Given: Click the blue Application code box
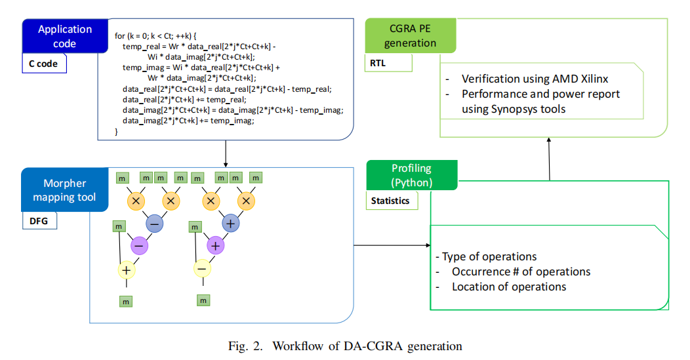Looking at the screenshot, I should pos(65,37).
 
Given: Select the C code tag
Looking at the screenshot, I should pos(44,64).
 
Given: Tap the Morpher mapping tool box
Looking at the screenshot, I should pos(65,190).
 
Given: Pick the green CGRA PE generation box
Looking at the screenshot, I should pos(410,36).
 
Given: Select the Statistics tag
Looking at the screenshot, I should pos(392,201).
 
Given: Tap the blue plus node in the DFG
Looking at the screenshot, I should pos(230,223).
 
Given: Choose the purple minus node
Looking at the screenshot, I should pos(140,246).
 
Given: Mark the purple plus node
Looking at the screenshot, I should pos(216,246).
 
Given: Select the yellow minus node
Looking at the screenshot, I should pos(203,268).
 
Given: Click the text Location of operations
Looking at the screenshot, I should pos(508,287).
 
